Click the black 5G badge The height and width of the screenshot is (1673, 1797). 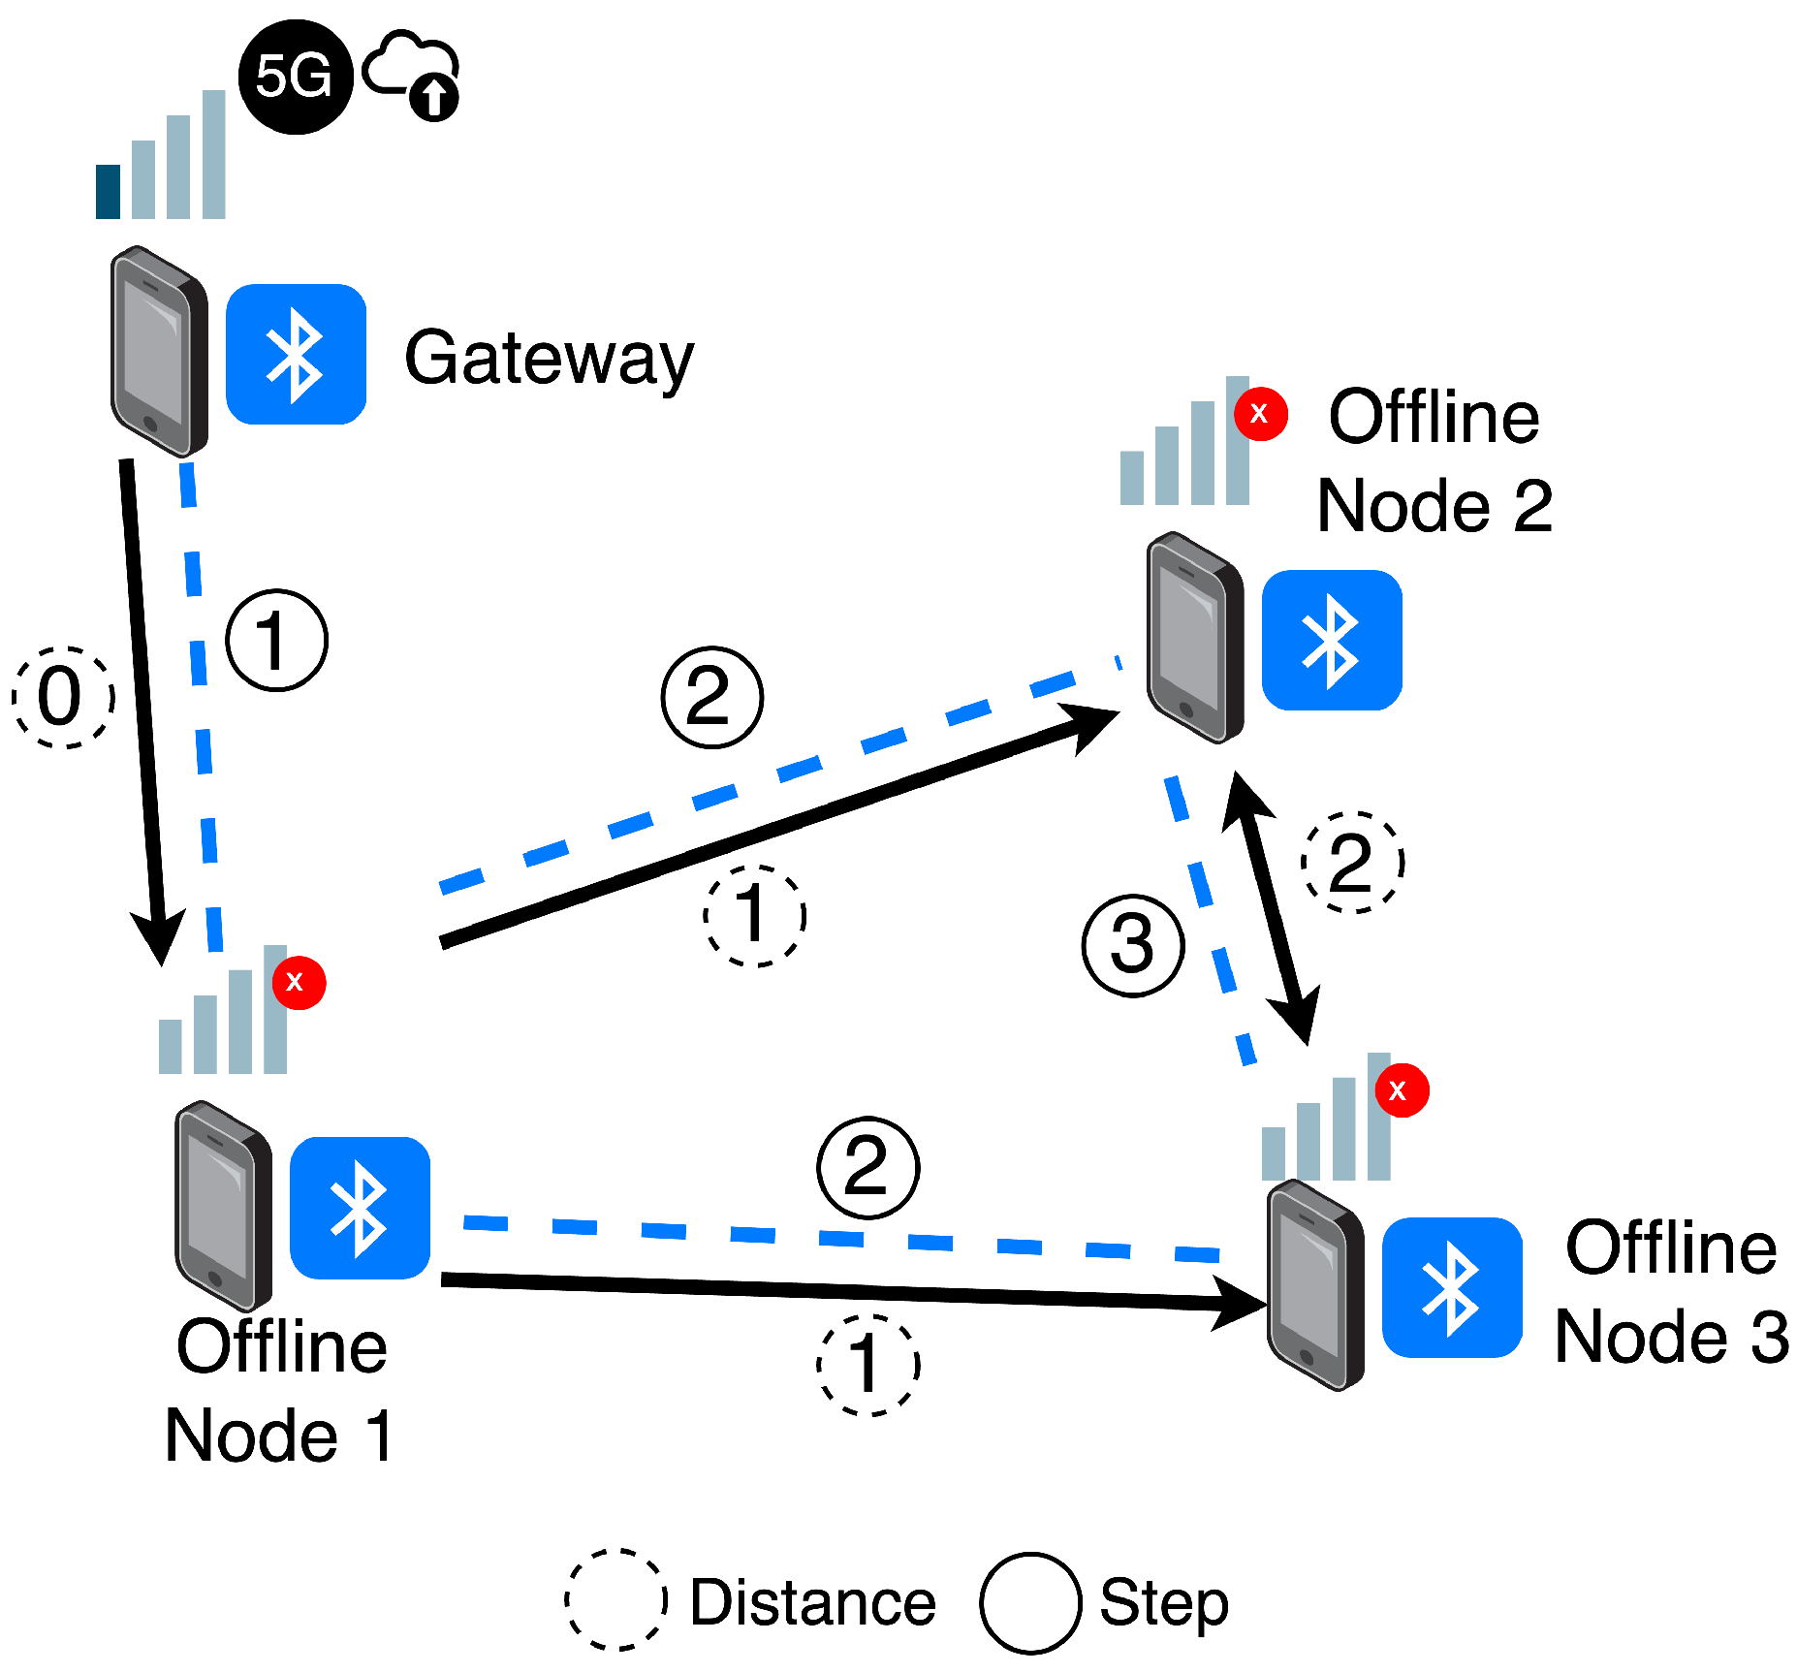(x=295, y=76)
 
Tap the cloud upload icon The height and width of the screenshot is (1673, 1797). (x=412, y=74)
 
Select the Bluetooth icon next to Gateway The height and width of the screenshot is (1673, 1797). (x=296, y=354)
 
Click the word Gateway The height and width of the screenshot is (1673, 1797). (x=549, y=359)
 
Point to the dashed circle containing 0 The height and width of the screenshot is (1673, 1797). (x=63, y=697)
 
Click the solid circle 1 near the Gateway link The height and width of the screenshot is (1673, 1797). (x=277, y=640)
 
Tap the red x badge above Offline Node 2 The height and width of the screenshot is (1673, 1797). (x=1260, y=414)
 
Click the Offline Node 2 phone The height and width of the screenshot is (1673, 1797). (x=1194, y=638)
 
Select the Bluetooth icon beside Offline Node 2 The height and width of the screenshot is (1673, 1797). (x=1331, y=640)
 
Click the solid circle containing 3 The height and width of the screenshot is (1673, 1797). (x=1132, y=945)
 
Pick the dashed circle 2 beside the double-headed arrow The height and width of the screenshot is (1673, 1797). (x=1352, y=862)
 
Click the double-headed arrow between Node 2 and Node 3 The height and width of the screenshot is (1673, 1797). (x=1271, y=907)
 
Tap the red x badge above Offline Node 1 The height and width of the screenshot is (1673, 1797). (x=298, y=982)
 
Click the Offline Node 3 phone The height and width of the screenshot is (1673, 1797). (x=1315, y=1285)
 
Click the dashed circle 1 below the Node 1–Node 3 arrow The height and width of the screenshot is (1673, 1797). (x=867, y=1365)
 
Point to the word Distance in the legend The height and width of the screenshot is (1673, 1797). (x=812, y=1602)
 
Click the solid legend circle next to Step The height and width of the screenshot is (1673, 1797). (x=1029, y=1602)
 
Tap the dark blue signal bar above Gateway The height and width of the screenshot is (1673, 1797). (x=108, y=191)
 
